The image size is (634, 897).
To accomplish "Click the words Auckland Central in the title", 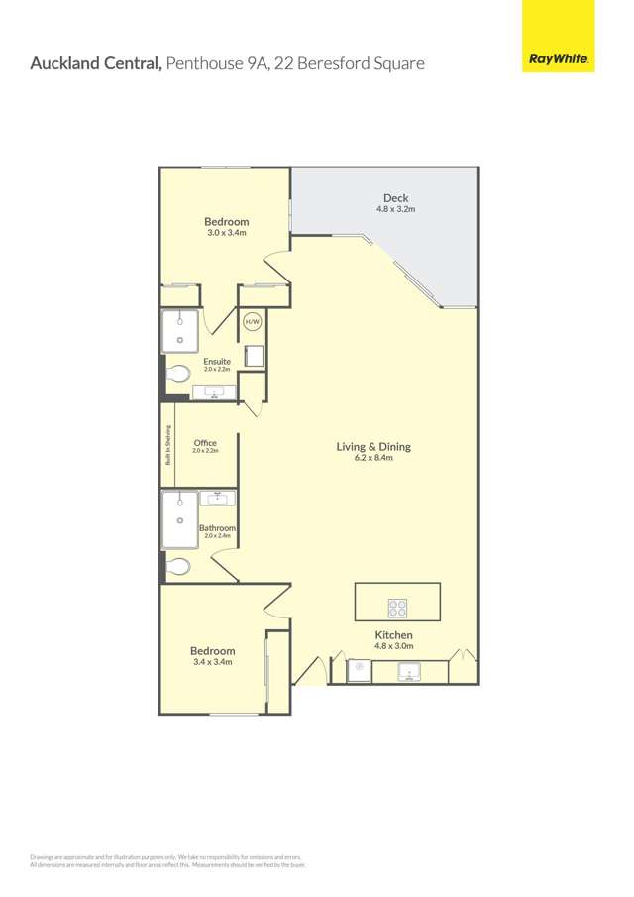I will pos(96,63).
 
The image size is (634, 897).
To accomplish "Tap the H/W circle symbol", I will pos(253,321).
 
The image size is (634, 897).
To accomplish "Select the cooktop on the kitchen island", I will pos(398,609).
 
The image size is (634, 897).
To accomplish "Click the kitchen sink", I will pos(410,672).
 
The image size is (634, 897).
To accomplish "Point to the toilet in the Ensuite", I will pos(178,374).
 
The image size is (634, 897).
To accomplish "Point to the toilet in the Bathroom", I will pos(178,566).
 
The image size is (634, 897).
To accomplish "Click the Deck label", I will pos(395,198).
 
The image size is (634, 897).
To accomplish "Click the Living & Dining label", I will pos(373,446).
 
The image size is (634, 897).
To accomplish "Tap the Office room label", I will pos(205,443).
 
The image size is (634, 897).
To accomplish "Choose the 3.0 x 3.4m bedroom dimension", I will pos(226,233).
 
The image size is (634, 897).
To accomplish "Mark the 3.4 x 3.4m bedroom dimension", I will pos(212,662).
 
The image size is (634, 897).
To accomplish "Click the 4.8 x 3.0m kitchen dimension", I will pos(393,646).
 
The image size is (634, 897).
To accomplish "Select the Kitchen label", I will pos(393,634).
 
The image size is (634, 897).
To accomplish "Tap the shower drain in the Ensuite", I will pos(180,339).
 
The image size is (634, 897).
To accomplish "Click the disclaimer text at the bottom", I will pos(168,860).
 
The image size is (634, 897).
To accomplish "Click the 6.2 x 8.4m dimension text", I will pos(373,458).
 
